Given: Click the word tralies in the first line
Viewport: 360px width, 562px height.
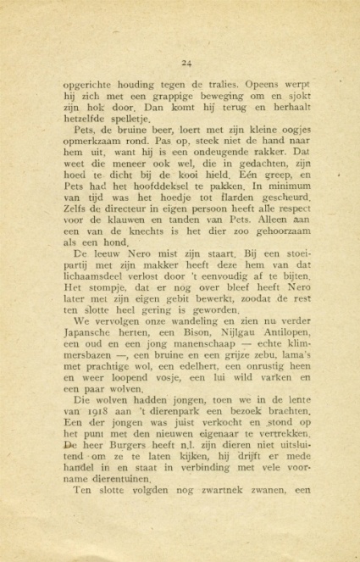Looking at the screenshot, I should click(219, 86).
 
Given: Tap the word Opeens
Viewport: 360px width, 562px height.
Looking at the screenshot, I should click(269, 86).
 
